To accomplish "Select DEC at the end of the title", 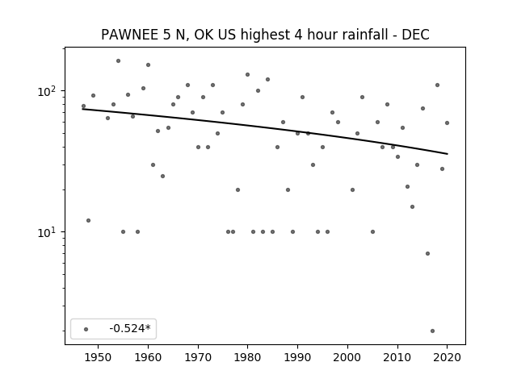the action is tap(415, 35).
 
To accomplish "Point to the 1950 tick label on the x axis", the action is tap(98, 357).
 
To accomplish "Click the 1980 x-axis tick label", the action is tap(248, 357).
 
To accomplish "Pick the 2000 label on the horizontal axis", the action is tap(347, 357).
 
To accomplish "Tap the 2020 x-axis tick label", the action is tap(447, 357).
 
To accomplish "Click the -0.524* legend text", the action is tap(130, 328).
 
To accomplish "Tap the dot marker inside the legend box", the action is tap(86, 329).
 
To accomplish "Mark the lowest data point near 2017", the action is tap(432, 331).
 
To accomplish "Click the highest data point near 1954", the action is tap(118, 61).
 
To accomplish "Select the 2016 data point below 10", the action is tap(427, 253).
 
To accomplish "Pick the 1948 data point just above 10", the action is tap(88, 220).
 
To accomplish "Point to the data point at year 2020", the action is tap(447, 123).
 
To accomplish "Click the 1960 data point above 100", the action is tap(148, 64).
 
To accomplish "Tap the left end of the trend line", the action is tap(82, 109).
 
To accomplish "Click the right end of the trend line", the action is tap(448, 154).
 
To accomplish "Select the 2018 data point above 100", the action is tap(437, 85).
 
